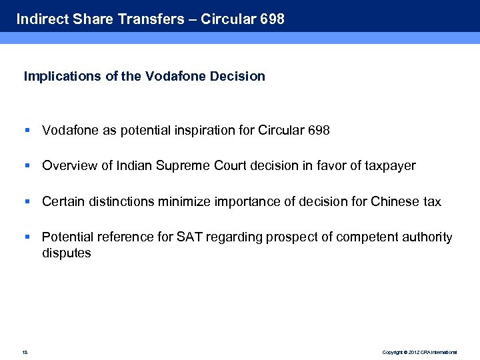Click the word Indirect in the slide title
pos(41,19)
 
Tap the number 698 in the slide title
pos(272,19)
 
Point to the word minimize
pos(182,201)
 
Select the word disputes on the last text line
pos(66,253)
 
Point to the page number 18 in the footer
pos(25,351)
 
